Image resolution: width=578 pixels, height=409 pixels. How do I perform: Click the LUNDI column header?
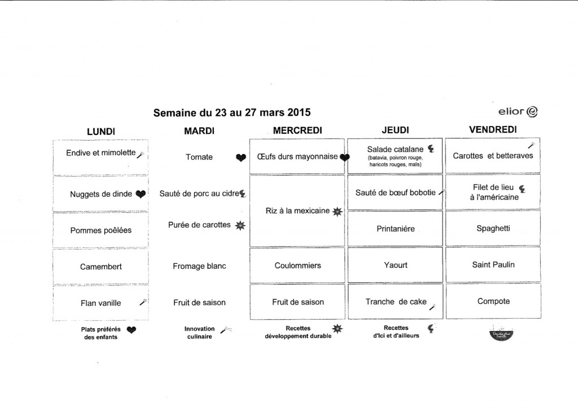point(101,131)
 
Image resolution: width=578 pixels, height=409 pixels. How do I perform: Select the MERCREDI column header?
point(297,130)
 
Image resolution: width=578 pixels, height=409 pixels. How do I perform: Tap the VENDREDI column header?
point(493,130)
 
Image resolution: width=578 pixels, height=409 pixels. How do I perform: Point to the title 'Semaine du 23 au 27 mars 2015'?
point(232,112)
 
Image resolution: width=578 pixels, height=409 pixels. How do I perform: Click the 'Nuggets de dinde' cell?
point(101,194)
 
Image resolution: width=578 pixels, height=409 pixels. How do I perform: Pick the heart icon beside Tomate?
point(241,158)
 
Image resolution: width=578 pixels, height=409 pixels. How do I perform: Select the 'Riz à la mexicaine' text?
point(297,211)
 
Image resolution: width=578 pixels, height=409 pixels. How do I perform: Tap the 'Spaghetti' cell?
point(493,229)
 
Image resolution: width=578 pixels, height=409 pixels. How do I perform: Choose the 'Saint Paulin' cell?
point(493,264)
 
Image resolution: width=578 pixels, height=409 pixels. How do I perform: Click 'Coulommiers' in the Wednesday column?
point(297,266)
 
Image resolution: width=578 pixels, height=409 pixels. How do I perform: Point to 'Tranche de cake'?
point(396,302)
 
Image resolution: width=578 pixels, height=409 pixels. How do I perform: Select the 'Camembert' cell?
point(100,266)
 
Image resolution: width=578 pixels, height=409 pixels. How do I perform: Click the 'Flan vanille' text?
point(101,303)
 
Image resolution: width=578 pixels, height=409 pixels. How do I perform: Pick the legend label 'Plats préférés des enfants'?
point(99,333)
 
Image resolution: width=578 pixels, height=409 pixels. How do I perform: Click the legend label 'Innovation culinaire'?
point(199,332)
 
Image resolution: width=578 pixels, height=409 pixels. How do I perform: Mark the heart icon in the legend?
point(131,330)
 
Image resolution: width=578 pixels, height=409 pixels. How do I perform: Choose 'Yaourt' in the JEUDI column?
point(395,265)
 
